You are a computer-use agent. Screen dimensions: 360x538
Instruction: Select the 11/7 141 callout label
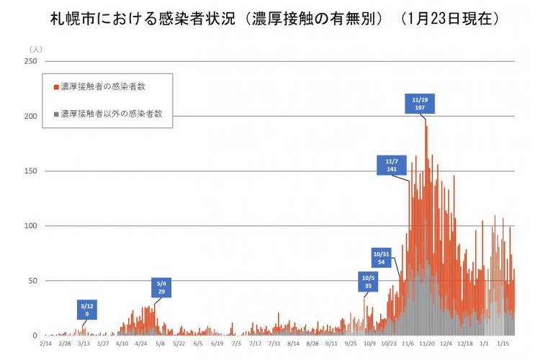click(392, 165)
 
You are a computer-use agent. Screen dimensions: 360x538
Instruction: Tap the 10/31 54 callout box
click(383, 257)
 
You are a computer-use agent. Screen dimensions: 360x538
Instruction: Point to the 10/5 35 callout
click(368, 282)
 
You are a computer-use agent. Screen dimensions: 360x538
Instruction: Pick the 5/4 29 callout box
click(161, 287)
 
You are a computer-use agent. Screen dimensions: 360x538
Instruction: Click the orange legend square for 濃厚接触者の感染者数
click(56, 86)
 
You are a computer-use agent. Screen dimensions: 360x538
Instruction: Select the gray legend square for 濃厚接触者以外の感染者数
click(56, 114)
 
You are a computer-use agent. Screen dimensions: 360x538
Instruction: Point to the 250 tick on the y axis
click(31, 61)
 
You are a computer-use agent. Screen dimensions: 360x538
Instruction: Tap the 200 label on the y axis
click(31, 117)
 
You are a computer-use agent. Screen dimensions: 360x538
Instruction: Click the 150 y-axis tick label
click(31, 171)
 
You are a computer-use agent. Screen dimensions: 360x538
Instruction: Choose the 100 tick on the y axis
click(31, 226)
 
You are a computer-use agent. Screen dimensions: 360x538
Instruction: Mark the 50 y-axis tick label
click(32, 281)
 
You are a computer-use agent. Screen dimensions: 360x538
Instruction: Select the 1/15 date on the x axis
click(503, 344)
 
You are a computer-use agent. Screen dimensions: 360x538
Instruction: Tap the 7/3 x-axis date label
click(237, 344)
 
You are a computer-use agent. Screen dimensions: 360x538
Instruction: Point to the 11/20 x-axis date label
click(427, 344)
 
